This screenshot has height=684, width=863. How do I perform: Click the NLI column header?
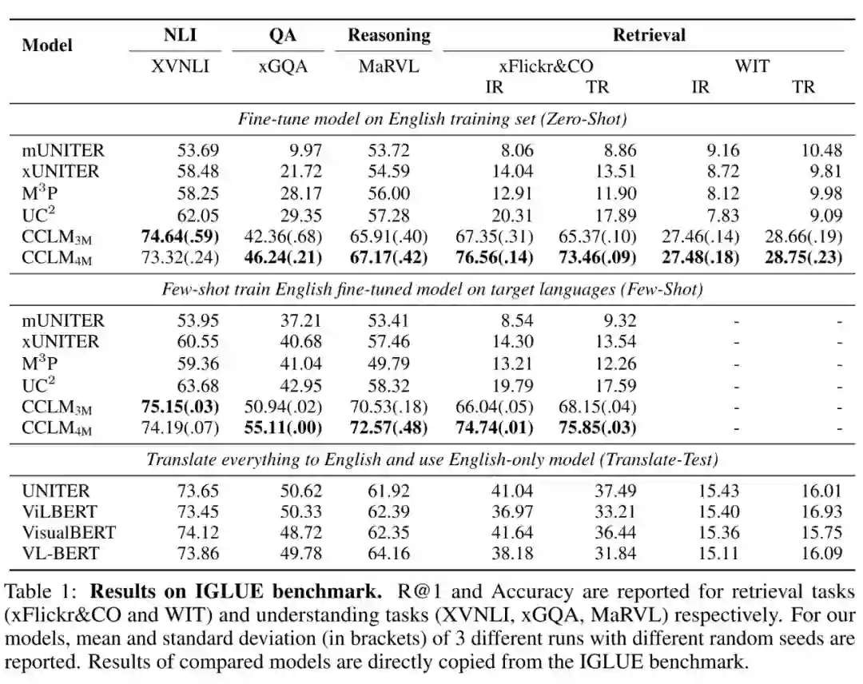pos(180,35)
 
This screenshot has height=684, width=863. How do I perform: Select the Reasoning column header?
pos(388,35)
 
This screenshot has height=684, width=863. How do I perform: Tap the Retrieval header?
pos(649,35)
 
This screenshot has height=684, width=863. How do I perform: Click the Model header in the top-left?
pos(47,46)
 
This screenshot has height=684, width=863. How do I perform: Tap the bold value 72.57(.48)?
pos(389,427)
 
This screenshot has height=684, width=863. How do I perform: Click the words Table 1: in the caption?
pos(42,593)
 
